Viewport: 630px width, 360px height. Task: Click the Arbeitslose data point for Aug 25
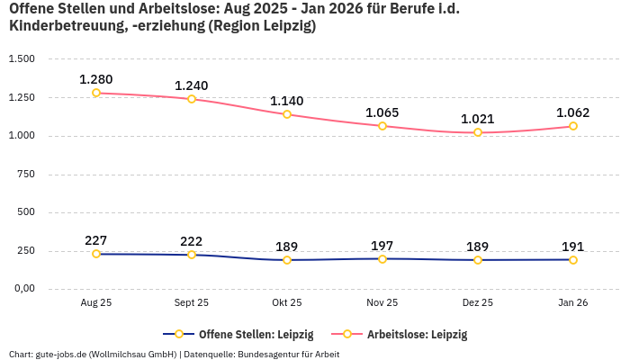click(96, 93)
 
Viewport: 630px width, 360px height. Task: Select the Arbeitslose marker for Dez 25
click(478, 132)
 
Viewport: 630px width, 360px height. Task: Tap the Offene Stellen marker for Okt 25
click(287, 260)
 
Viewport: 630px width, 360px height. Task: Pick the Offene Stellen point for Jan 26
click(573, 260)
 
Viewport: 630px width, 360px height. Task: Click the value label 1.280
click(96, 79)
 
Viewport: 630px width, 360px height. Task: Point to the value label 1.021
click(478, 119)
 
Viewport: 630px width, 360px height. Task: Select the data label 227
click(96, 240)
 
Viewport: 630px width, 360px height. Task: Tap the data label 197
click(382, 246)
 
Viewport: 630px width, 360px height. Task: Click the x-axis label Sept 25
click(192, 303)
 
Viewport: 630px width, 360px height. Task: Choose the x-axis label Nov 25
click(382, 303)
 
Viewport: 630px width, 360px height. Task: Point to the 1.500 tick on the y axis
click(22, 58)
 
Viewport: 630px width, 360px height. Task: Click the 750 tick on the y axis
click(26, 175)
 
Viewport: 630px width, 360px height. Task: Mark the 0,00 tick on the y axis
click(23, 289)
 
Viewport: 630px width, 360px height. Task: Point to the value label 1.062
click(573, 112)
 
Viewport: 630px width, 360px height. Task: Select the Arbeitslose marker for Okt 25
click(287, 114)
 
